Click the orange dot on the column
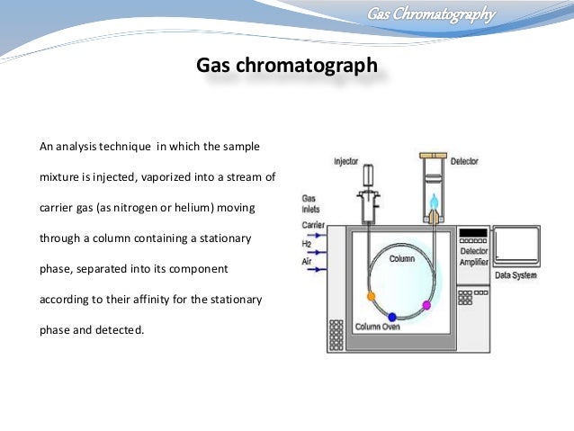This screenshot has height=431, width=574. pos(371,295)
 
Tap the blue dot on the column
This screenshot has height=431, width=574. pos(391,317)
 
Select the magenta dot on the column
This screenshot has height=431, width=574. pos(426,306)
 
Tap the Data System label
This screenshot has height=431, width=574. pos(516,275)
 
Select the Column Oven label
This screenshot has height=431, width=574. pos(378,327)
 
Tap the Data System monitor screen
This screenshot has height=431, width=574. pos(516,247)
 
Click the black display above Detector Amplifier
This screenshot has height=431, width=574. pos(472,233)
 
